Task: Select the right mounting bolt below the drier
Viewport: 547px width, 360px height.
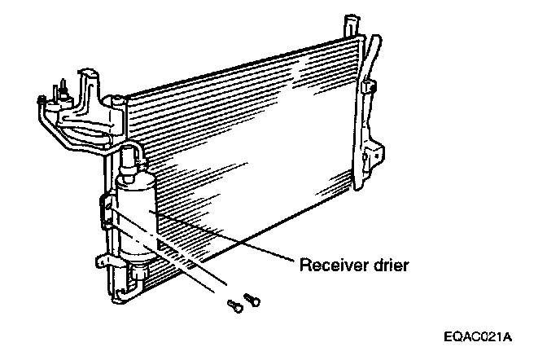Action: pyautogui.click(x=252, y=301)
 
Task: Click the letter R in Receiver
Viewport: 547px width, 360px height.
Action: pyautogui.click(x=304, y=265)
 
